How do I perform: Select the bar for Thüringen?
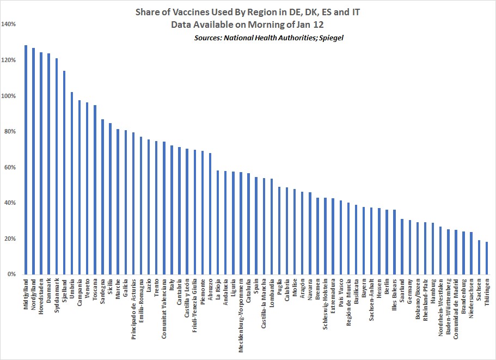click(x=486, y=258)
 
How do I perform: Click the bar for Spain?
click(x=256, y=226)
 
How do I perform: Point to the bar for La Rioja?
click(x=218, y=223)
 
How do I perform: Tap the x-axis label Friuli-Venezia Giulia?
click(x=194, y=304)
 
